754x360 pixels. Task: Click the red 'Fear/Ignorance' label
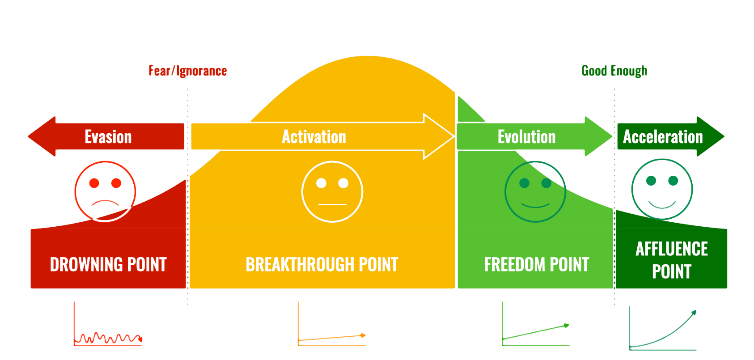tap(188, 71)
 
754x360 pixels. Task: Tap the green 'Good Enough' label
tap(614, 71)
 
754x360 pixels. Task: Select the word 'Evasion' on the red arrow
tap(108, 137)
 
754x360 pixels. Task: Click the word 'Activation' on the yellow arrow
tap(314, 137)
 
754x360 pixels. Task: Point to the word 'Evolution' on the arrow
tap(526, 137)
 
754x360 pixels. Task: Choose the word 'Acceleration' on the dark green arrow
tap(663, 137)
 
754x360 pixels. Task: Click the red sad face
tap(105, 191)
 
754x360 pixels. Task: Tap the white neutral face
tap(332, 191)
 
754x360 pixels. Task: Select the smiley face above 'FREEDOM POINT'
tap(535, 191)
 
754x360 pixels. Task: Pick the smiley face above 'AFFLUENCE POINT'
tap(662, 189)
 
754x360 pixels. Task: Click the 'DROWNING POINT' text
tap(108, 264)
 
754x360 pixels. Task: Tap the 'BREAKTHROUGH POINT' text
tap(322, 264)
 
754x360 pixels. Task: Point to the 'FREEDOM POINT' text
tap(537, 264)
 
